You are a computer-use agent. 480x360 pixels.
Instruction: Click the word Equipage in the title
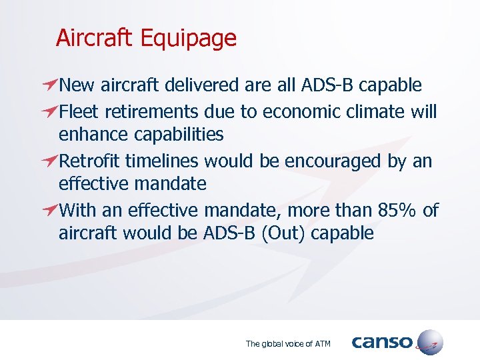tap(189, 38)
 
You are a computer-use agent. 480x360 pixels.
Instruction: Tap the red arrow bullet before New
tap(47, 85)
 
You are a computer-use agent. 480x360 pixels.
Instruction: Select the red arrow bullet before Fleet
tap(47, 111)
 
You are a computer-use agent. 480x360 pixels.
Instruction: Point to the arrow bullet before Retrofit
tap(47, 161)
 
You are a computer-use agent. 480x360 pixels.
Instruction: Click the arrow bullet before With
tap(47, 211)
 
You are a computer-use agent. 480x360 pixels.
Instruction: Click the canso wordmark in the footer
tap(382, 342)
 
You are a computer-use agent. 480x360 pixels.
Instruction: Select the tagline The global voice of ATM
tap(288, 344)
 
